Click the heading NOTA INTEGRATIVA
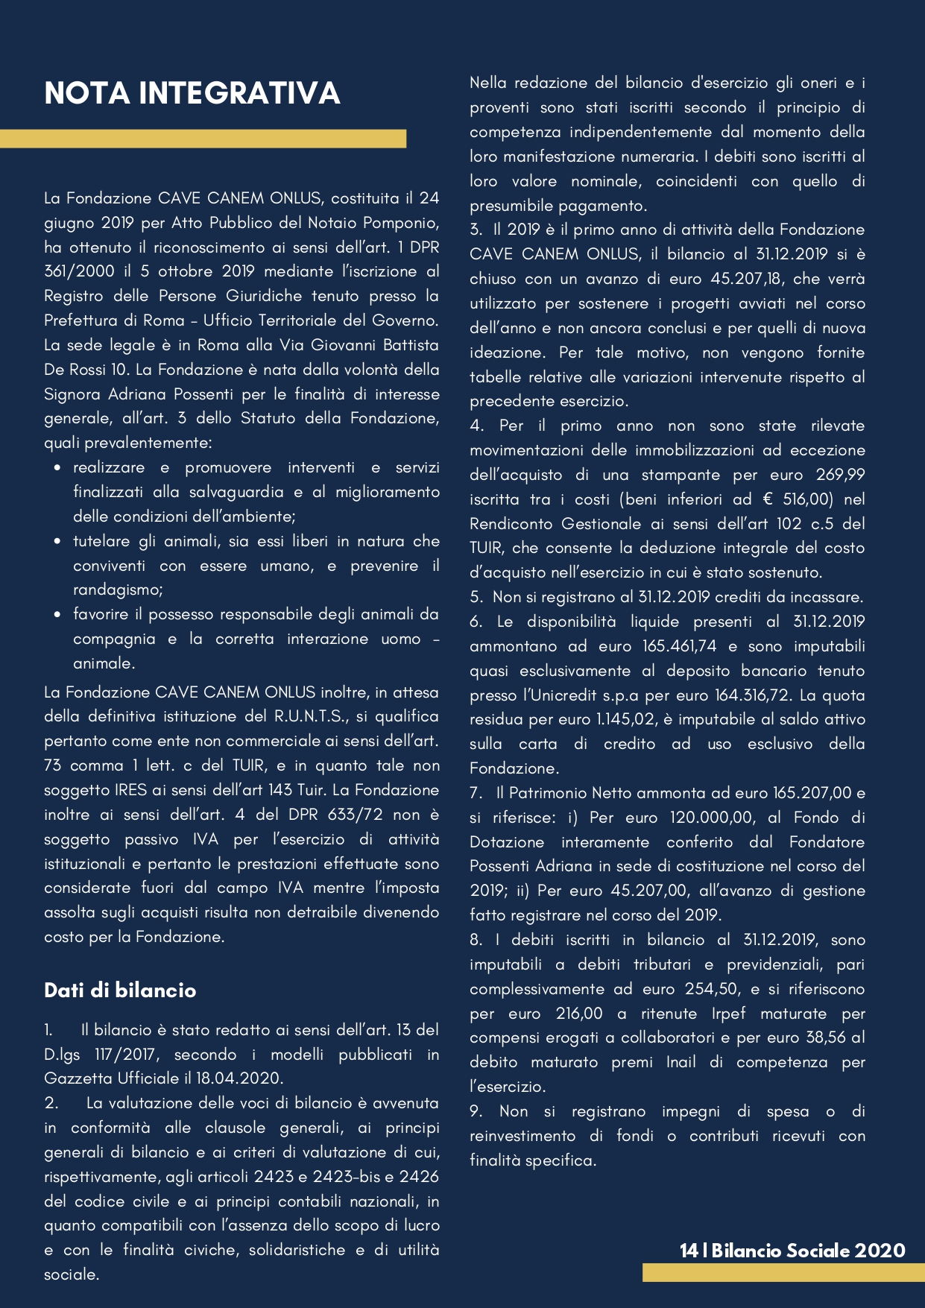click(192, 93)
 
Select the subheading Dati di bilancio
click(120, 990)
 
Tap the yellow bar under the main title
click(203, 139)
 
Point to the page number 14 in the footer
click(688, 1251)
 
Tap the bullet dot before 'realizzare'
click(57, 468)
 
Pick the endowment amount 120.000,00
click(711, 818)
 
